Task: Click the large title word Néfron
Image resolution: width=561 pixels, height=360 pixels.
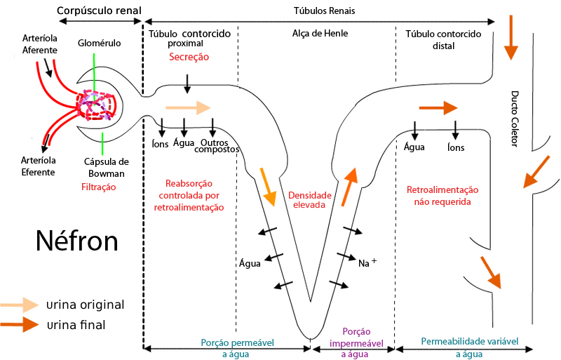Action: click(77, 241)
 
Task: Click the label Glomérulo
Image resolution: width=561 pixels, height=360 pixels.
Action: click(100, 44)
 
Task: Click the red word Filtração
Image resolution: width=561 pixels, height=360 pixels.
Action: click(98, 187)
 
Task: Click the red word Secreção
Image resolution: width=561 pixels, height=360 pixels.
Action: click(189, 58)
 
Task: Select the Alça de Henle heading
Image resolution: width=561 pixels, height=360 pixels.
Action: click(320, 33)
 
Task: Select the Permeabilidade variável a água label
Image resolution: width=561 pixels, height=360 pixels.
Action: click(469, 347)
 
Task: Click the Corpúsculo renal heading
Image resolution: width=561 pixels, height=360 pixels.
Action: click(100, 11)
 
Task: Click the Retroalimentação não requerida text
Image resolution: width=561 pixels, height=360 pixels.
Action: click(442, 196)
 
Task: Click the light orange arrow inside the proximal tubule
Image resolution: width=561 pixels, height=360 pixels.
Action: click(187, 107)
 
